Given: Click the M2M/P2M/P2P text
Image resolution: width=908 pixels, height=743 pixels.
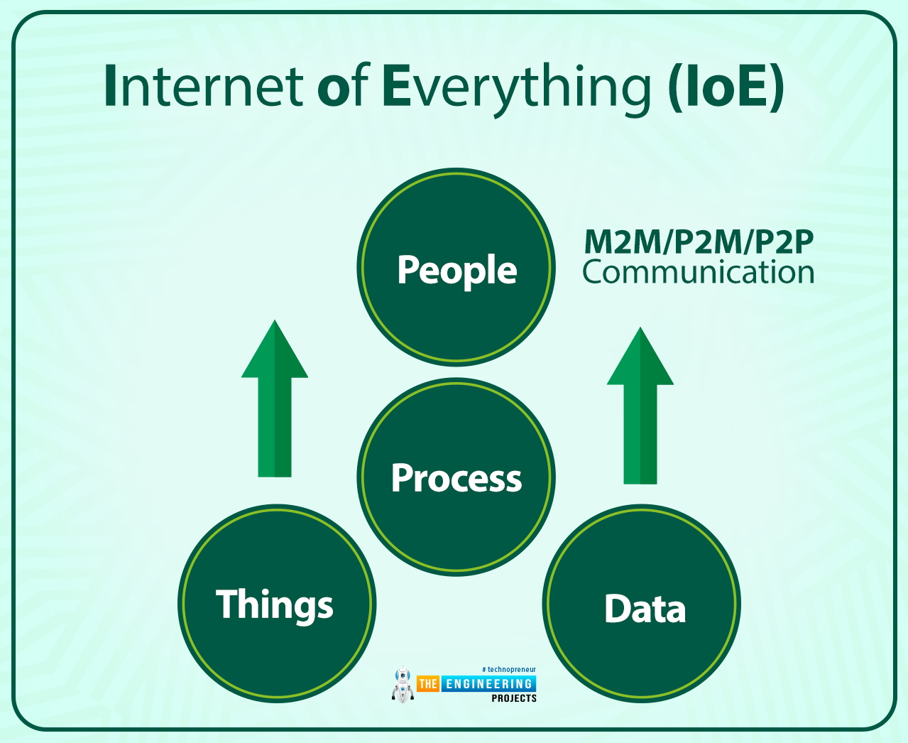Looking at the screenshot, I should [699, 242].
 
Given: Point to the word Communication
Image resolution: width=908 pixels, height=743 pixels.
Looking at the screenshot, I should [699, 272].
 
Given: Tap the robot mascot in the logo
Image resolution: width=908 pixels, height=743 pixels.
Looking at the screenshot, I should [403, 685].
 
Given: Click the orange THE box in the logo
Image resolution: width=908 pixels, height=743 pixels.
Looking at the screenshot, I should [428, 684].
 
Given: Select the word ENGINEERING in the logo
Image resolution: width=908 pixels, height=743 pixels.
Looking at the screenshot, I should [488, 684].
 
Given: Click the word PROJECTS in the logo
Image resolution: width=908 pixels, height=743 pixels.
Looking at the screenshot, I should [514, 698].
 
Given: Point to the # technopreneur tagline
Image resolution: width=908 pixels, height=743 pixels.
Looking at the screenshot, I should [509, 669].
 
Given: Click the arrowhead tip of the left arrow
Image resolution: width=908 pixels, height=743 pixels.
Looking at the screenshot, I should [275, 324].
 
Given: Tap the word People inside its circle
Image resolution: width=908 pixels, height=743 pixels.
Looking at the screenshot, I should [456, 270].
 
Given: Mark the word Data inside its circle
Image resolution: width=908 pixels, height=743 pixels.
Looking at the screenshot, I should [645, 609].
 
